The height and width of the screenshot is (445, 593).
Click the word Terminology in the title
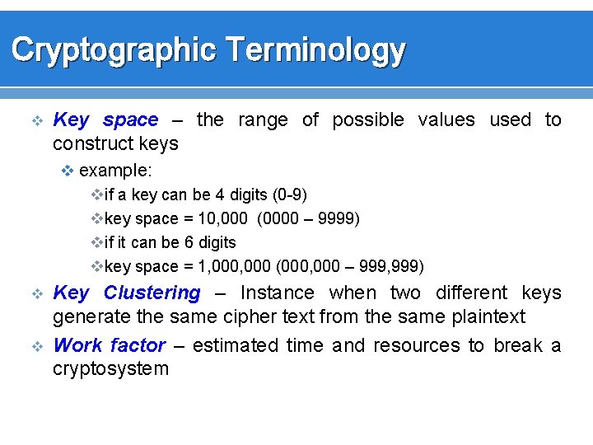tap(315, 51)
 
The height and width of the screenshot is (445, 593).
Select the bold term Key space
tap(105, 120)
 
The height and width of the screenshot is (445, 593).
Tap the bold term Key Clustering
tap(127, 293)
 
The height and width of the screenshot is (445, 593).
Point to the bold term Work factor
tap(110, 345)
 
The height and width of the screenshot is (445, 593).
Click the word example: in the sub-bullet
tap(115, 171)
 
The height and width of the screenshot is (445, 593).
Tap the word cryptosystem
tap(110, 368)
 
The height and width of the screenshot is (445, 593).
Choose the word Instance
tap(277, 293)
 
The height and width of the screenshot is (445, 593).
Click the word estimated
tap(236, 345)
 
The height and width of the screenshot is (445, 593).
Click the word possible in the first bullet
tap(367, 120)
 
